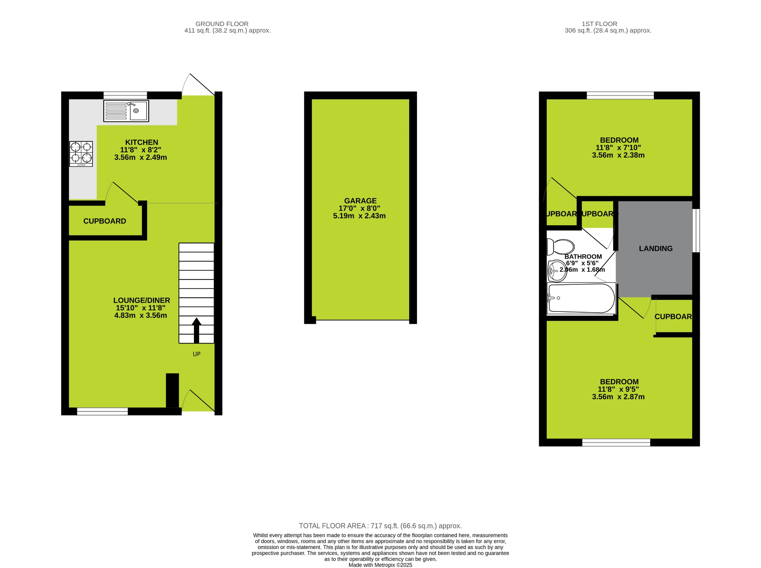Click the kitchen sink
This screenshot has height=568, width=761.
pyautogui.click(x=126, y=111)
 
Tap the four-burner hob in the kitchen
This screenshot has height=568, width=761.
pyautogui.click(x=81, y=154)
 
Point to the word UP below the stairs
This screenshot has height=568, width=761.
pyautogui.click(x=197, y=354)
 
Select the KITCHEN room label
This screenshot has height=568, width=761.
pyautogui.click(x=142, y=142)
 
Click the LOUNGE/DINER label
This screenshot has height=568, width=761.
pyautogui.click(x=142, y=300)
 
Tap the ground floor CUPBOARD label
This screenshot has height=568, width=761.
pyautogui.click(x=105, y=221)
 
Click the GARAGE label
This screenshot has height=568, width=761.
pyautogui.click(x=360, y=201)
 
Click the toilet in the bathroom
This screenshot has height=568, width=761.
pyautogui.click(x=561, y=247)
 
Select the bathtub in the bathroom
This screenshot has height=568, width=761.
pyautogui.click(x=582, y=298)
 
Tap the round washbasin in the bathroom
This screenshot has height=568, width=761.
pyautogui.click(x=556, y=270)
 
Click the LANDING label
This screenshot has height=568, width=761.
pyautogui.click(x=655, y=249)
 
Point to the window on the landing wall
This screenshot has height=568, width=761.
pyautogui.click(x=697, y=230)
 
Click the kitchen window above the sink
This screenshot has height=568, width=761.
pyautogui.click(x=125, y=95)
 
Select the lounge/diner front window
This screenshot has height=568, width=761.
pyautogui.click(x=102, y=411)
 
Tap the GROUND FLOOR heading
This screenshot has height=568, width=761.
pyautogui.click(x=222, y=24)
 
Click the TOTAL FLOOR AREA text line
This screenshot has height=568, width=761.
pyautogui.click(x=380, y=526)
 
